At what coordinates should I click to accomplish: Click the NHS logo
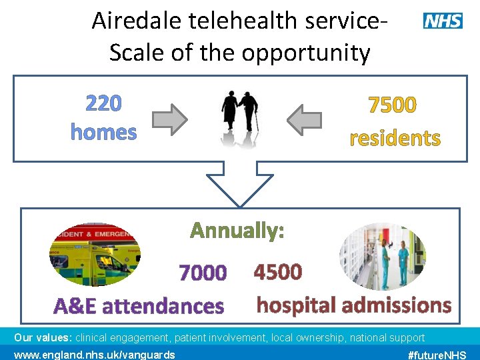pyautogui.click(x=443, y=21)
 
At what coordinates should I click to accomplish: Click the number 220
pyautogui.click(x=103, y=104)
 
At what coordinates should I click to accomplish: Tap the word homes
pyautogui.click(x=103, y=132)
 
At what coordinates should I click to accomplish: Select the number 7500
pyautogui.click(x=393, y=105)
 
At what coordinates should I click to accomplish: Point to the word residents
pyautogui.click(x=395, y=138)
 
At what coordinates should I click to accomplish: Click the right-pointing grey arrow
pyautogui.click(x=170, y=119)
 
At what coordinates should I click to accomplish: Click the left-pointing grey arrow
pyautogui.click(x=305, y=119)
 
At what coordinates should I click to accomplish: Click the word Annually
pyautogui.click(x=237, y=231)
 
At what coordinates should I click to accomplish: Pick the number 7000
pyautogui.click(x=203, y=273)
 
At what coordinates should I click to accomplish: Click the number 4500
pyautogui.click(x=278, y=272)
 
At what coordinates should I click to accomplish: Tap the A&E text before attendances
pyautogui.click(x=76, y=307)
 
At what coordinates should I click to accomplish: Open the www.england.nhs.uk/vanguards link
pyautogui.click(x=94, y=354)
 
